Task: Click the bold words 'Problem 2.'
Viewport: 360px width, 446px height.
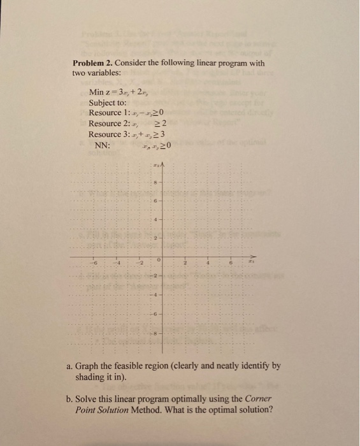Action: [x=94, y=64]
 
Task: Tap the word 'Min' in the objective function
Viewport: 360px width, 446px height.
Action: [x=97, y=92]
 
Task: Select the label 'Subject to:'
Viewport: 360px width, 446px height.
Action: [x=108, y=103]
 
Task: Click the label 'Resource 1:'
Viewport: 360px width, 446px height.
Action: [x=109, y=113]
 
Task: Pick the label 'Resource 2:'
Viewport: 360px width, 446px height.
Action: [x=109, y=123]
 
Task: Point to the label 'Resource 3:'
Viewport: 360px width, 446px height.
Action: [x=109, y=134]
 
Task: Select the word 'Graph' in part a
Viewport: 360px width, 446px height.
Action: [x=90, y=366]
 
